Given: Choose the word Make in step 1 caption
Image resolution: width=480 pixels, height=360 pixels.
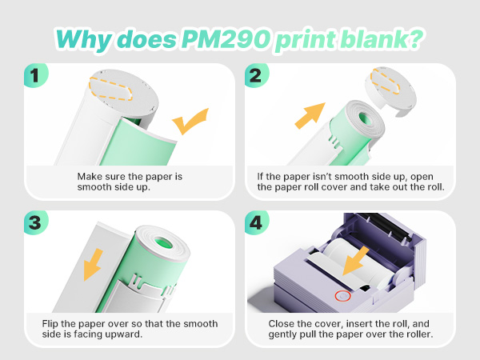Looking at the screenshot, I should [x=89, y=177].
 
